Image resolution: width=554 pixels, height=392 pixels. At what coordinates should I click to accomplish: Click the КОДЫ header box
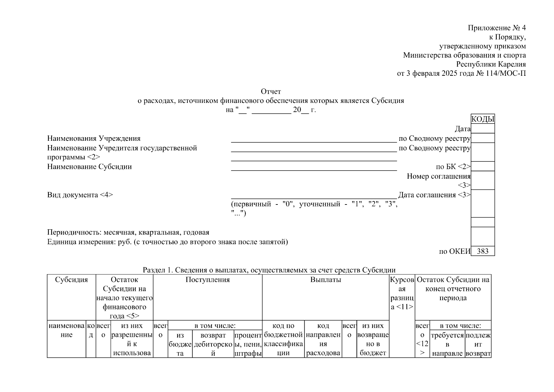click(483, 119)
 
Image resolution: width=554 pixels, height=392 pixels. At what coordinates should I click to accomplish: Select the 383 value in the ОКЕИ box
click(483, 251)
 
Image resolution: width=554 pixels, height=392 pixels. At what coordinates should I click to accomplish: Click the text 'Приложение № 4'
click(497, 28)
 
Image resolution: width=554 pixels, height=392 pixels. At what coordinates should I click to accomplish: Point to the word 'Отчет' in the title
click(271, 91)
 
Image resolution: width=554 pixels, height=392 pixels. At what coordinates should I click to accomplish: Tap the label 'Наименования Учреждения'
click(94, 139)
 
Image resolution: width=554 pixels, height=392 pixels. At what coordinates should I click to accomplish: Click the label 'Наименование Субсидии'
click(89, 167)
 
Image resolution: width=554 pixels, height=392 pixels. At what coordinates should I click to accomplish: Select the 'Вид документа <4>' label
click(80, 195)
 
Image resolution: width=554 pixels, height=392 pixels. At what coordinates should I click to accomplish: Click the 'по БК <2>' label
click(453, 167)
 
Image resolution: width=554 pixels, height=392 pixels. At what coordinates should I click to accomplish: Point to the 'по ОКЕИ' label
click(454, 251)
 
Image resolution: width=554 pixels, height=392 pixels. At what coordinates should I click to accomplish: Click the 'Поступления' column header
click(208, 280)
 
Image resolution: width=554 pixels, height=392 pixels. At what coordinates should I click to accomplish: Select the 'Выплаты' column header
click(325, 280)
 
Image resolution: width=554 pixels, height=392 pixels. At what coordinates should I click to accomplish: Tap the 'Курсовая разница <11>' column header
click(402, 293)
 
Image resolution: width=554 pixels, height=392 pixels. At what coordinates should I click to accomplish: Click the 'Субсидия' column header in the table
click(71, 280)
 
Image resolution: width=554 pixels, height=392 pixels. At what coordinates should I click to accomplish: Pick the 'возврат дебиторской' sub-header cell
click(213, 344)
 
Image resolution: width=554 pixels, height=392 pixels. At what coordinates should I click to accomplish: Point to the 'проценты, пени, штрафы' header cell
click(248, 344)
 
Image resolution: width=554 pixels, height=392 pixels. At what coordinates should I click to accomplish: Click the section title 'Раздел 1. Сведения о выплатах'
click(269, 270)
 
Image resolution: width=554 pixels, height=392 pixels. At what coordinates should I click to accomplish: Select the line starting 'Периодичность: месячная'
click(128, 233)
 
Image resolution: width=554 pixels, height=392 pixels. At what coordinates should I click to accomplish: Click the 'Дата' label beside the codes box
click(462, 129)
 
